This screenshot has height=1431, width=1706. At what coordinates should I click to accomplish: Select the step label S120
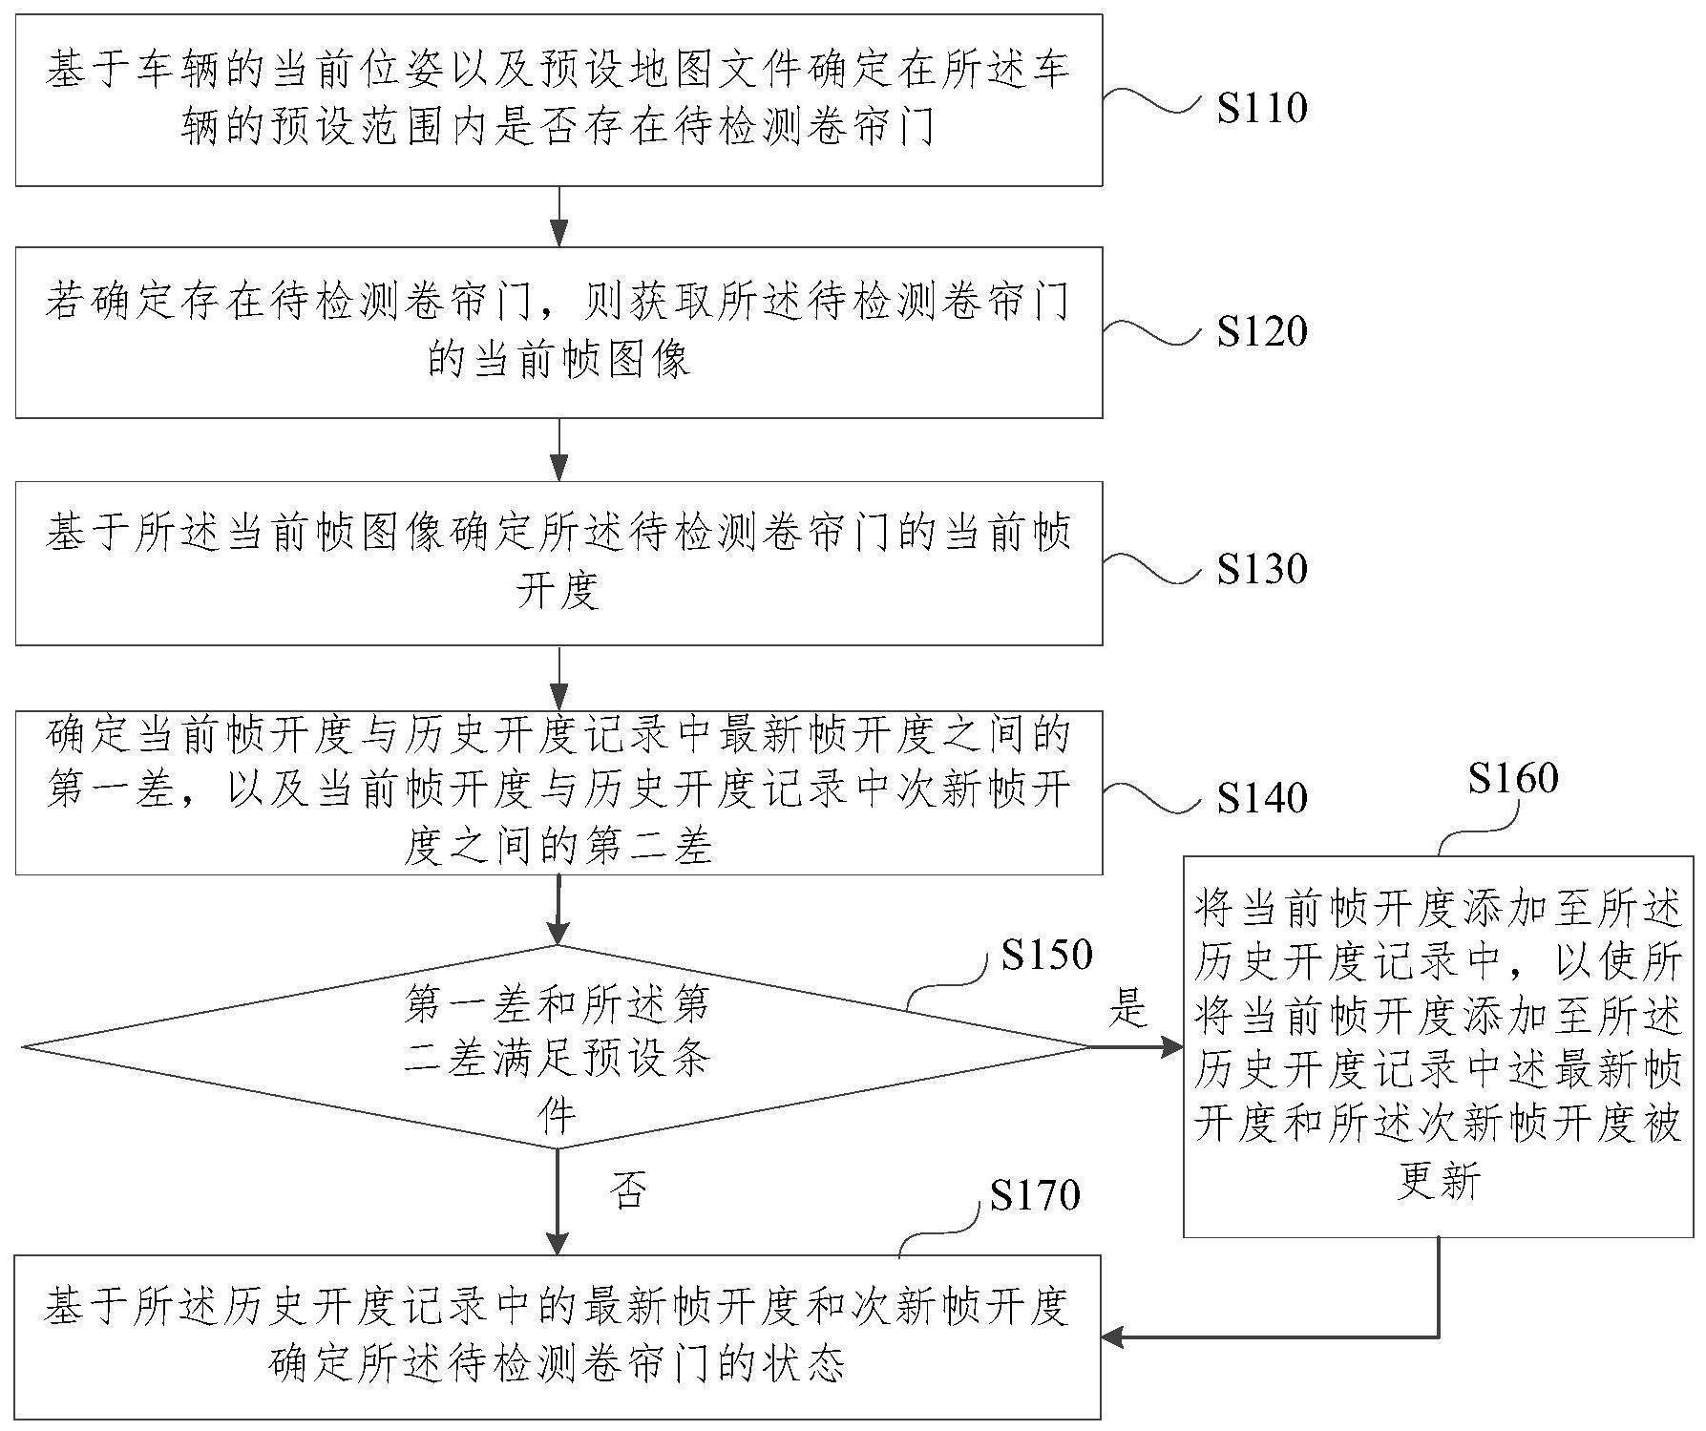point(1261,331)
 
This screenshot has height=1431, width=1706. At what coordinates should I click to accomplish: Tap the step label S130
point(1261,569)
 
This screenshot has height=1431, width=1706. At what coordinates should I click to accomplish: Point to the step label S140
point(1261,797)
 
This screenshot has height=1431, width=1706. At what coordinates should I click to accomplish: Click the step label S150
point(1046,954)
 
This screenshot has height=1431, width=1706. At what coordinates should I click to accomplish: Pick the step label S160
point(1513,778)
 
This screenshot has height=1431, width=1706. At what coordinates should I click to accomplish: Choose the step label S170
point(1035,1194)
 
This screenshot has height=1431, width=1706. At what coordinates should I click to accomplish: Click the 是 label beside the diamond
point(1127,1008)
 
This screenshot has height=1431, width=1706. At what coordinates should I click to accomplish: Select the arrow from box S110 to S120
point(558,217)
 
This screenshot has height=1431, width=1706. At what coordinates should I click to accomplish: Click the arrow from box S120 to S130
point(558,450)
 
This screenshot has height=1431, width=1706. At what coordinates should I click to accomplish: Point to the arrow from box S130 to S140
point(558,678)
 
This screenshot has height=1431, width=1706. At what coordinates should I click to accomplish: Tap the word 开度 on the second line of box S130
point(558,592)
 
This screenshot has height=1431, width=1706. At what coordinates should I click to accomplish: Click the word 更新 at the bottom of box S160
point(1439,1183)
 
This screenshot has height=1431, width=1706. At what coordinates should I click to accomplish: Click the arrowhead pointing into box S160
point(1172,1047)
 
